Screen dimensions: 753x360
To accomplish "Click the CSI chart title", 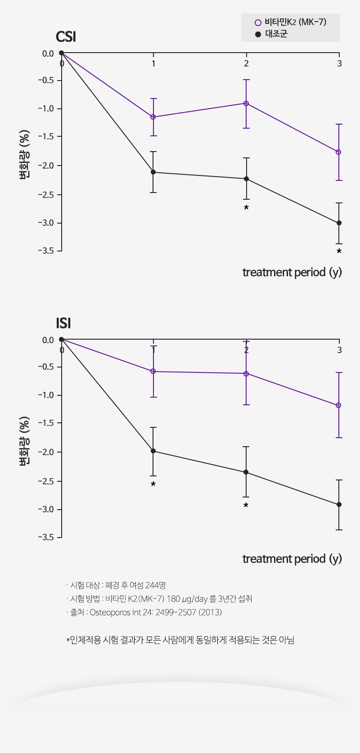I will click(66, 37).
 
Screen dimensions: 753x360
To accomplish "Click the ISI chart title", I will click(63, 323).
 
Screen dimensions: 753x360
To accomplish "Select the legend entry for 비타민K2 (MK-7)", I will click(290, 22).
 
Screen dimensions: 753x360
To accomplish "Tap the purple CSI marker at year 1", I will click(153, 117).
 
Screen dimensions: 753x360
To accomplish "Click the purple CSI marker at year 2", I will click(246, 103).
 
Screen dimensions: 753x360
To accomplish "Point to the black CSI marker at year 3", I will click(339, 223).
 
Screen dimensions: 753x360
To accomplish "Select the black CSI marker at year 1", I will click(153, 172).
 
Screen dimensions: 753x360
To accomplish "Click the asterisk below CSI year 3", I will click(339, 251).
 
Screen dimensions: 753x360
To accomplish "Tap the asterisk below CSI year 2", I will click(246, 208).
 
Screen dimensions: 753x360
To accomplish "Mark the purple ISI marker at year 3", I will click(339, 405).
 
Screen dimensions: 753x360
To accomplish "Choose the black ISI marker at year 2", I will click(246, 472).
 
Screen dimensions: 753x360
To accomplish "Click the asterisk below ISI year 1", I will click(153, 484).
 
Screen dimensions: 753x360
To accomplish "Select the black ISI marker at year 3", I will click(339, 505).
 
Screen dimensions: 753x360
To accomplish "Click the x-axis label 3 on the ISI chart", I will click(339, 350).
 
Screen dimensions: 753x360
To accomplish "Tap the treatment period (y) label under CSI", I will click(292, 272).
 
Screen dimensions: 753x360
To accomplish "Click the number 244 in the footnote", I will click(151, 585).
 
